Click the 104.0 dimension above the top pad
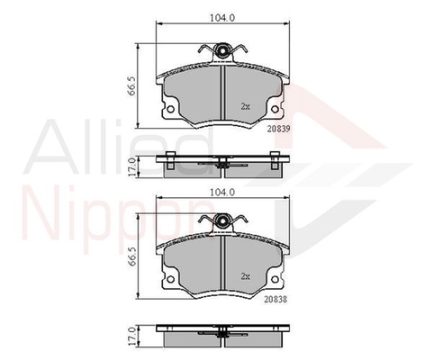pos(222,18)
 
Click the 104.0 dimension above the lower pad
pos(222,192)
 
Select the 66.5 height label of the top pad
pos(132,86)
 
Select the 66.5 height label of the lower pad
pos(132,256)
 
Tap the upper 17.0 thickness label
pos(132,167)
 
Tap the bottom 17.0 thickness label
pos(132,337)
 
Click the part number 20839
pos(279,129)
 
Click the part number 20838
pos(276,299)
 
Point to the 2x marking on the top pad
pos(246,106)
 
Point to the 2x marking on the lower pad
pos(246,276)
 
